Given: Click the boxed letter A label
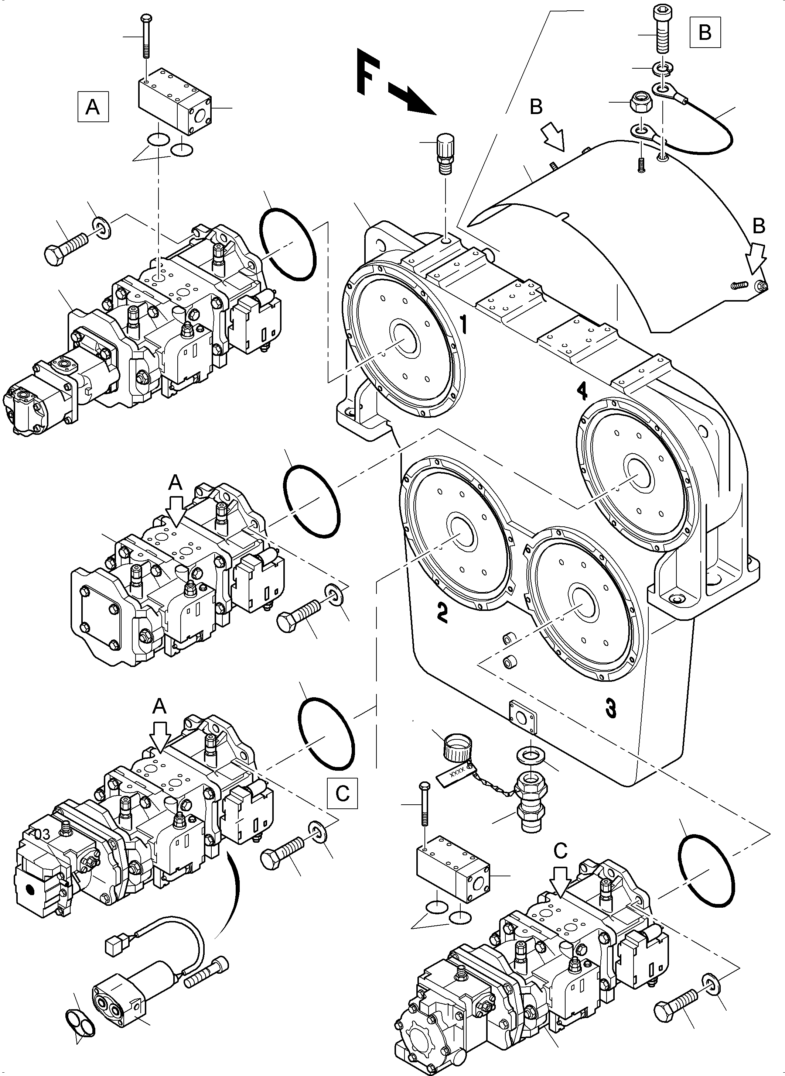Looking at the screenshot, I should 92,106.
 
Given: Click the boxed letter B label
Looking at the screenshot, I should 705,32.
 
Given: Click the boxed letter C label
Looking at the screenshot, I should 342,793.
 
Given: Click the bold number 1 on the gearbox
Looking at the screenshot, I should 464,327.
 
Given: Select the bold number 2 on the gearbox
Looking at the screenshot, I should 442,613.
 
